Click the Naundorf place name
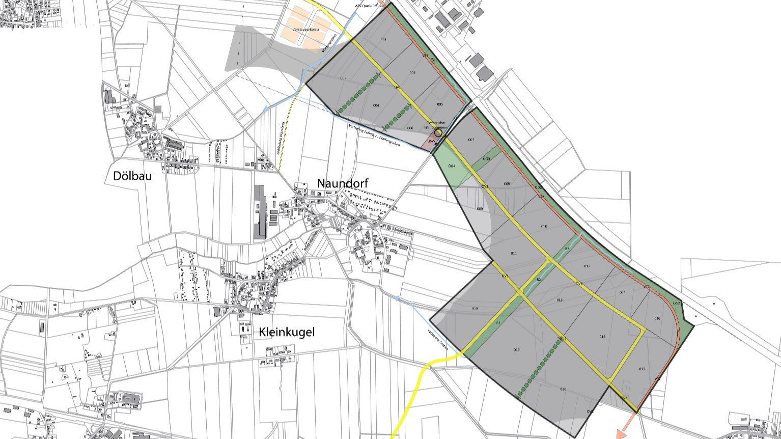point(342,183)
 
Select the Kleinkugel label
point(287,333)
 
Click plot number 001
point(383,39)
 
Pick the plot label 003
point(412,73)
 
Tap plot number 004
point(376,105)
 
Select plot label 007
point(471,140)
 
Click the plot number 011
point(514,253)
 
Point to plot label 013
point(560,300)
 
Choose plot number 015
point(602,337)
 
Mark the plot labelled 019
point(517,350)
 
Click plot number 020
point(563,389)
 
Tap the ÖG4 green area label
point(451,166)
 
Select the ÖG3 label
point(486,159)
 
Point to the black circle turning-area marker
point(438,132)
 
